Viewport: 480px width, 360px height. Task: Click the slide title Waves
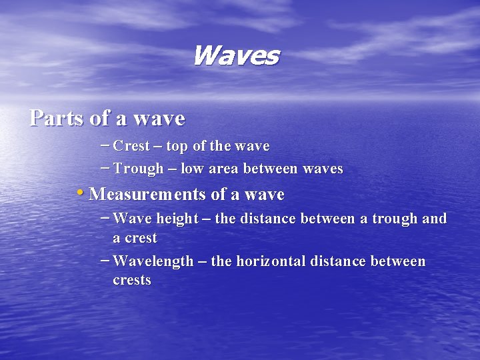pos(235,56)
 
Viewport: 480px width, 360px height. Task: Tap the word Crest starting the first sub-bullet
pos(131,146)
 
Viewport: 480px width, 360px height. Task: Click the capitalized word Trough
pos(138,169)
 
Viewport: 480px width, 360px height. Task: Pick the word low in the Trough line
pos(192,169)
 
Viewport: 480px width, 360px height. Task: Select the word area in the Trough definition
pos(223,169)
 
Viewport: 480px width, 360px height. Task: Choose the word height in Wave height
pos(176,219)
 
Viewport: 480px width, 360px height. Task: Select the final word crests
pos(132,280)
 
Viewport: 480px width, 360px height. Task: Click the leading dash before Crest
pos(105,145)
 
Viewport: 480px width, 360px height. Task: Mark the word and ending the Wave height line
pos(434,219)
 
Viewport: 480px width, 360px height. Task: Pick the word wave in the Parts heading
pos(159,118)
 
